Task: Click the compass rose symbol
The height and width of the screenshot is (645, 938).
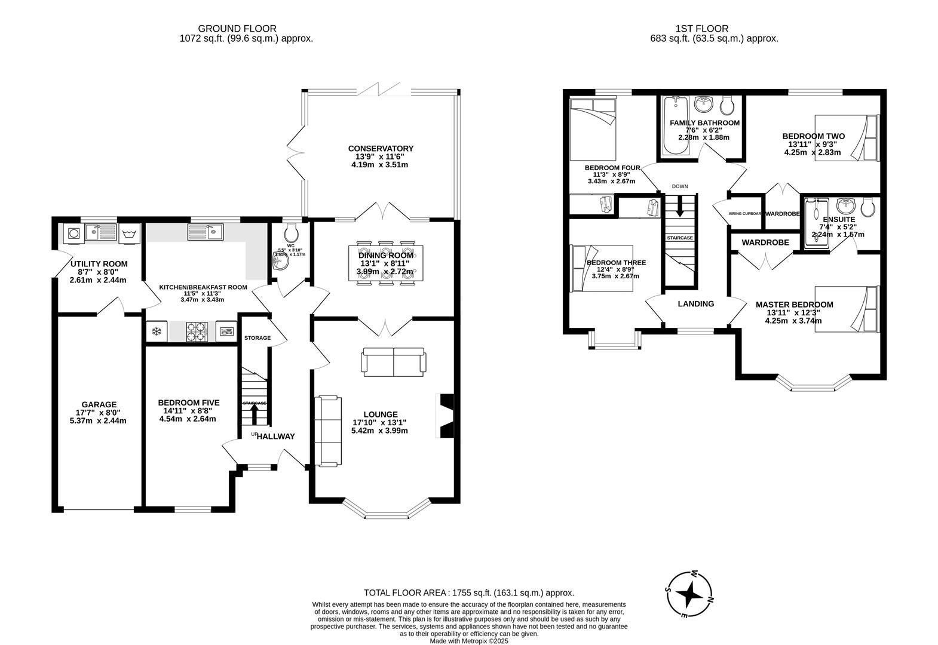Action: pos(690,595)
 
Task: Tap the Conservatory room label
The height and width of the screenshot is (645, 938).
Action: pos(381,149)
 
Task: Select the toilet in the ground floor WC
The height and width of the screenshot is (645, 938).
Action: pos(291,232)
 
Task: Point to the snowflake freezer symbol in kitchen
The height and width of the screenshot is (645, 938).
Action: pos(157,331)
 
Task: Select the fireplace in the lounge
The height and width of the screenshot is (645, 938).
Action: pos(446,416)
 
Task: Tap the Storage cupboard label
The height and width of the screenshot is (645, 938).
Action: pos(258,338)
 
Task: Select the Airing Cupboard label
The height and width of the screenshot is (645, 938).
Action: pos(745,213)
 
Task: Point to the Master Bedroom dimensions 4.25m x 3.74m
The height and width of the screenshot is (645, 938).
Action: pos(793,321)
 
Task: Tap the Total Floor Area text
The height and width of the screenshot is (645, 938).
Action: pos(468,592)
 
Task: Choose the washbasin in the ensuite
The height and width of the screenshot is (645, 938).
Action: pos(846,206)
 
